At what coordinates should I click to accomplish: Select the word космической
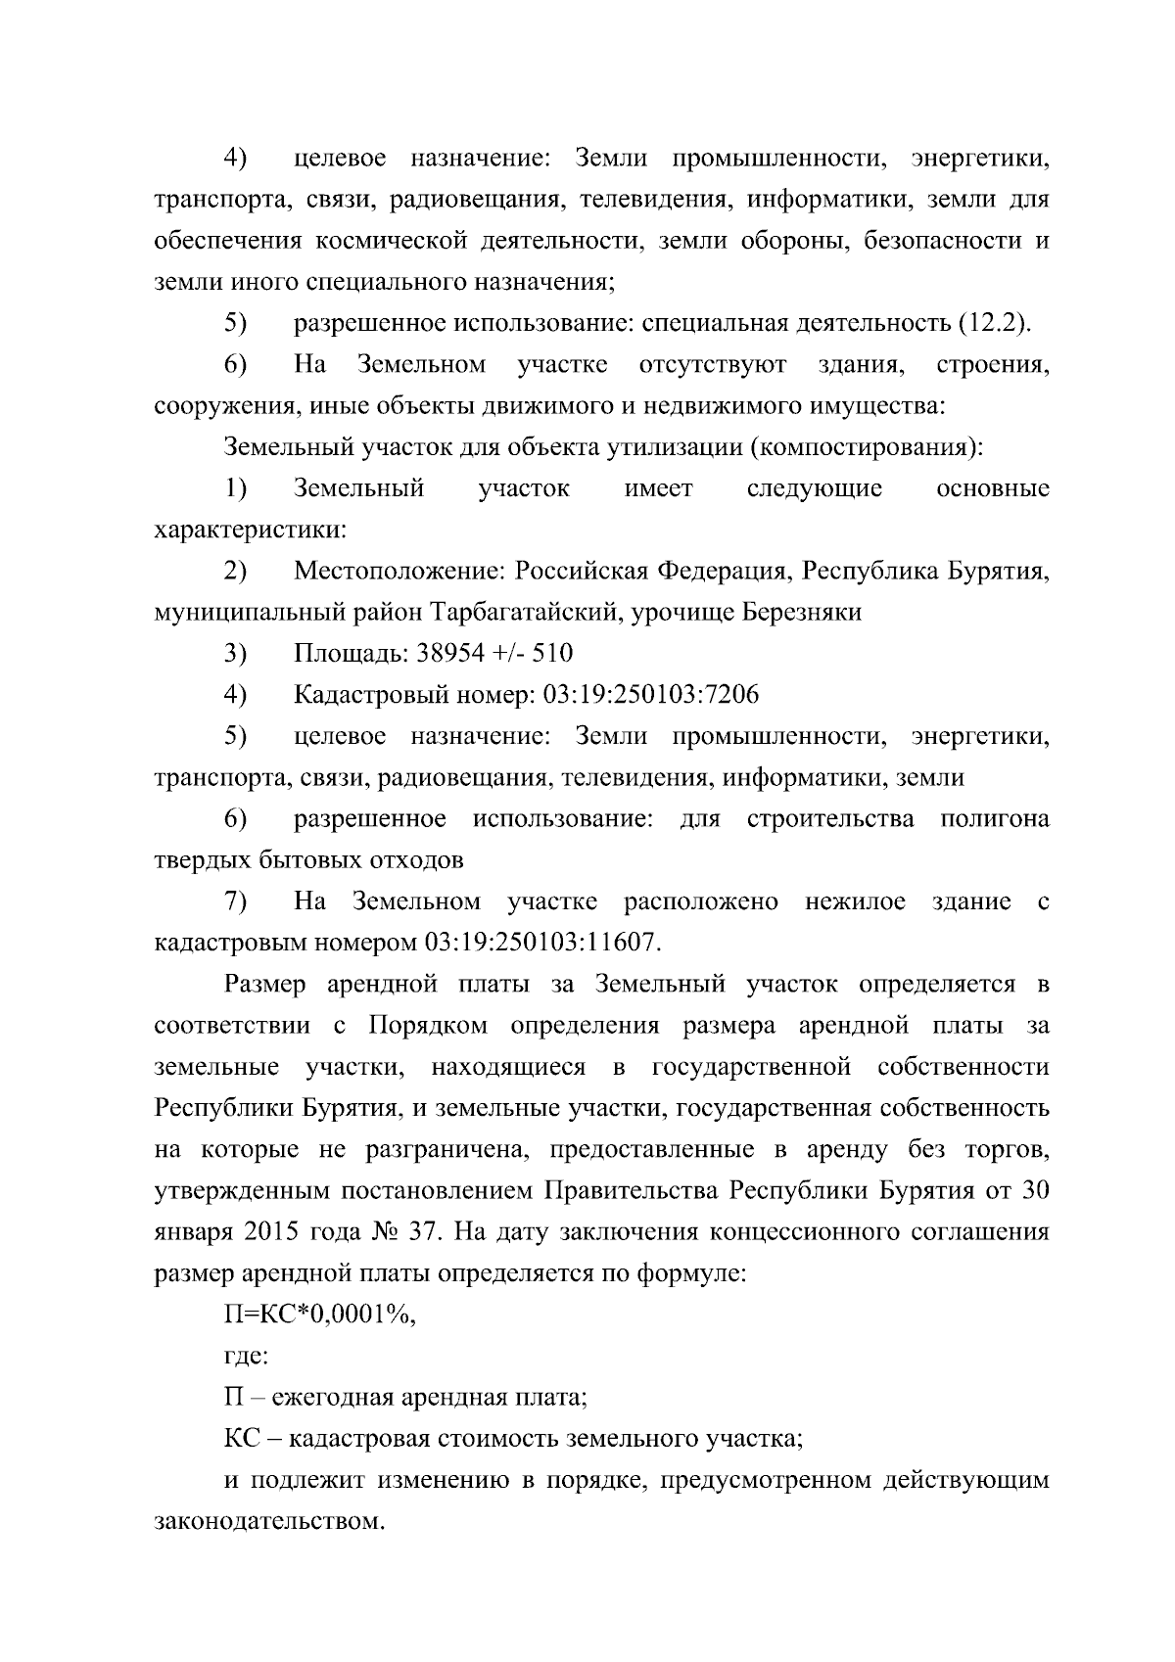click(x=396, y=241)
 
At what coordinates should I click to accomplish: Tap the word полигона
click(x=994, y=818)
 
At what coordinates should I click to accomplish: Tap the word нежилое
click(x=856, y=901)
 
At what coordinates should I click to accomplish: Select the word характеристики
click(x=250, y=531)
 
